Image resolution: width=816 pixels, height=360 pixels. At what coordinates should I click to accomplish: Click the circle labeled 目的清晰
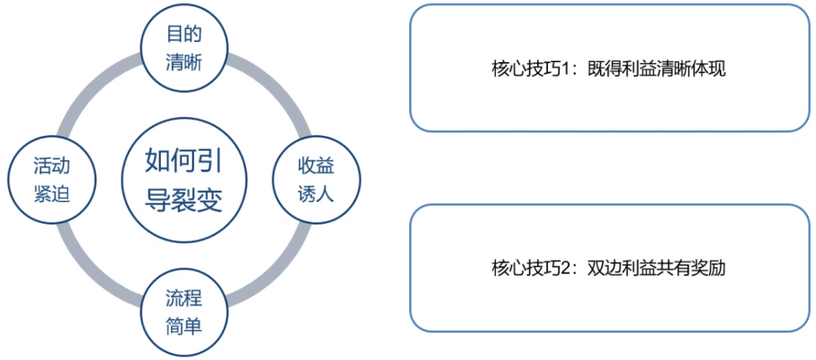point(184,49)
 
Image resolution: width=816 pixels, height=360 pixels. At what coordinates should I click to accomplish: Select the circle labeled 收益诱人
point(316,181)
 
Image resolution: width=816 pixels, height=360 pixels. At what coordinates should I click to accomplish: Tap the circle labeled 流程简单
point(184,313)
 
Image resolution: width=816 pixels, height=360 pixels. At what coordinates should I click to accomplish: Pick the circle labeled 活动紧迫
point(52,181)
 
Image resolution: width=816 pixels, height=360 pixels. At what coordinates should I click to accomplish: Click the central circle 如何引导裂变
point(184,181)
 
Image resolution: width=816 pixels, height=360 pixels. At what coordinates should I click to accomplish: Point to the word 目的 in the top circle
point(184,35)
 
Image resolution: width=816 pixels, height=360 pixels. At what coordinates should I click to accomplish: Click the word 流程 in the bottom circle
point(184,299)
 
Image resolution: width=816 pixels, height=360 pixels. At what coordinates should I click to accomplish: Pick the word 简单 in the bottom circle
point(184,327)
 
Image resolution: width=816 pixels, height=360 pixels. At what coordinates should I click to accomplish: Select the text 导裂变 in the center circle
point(184,201)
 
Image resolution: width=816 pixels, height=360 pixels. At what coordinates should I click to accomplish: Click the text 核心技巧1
point(529,70)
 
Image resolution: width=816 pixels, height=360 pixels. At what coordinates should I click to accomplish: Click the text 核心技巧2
point(529,269)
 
